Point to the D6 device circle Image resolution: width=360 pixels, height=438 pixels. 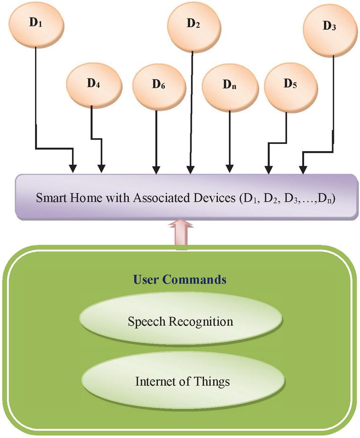(158, 85)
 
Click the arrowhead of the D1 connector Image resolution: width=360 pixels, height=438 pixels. (72, 169)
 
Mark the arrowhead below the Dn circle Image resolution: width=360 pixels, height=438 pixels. (230, 169)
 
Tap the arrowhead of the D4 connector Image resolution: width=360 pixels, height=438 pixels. (101, 169)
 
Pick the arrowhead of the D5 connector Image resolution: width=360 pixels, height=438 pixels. (268, 169)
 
